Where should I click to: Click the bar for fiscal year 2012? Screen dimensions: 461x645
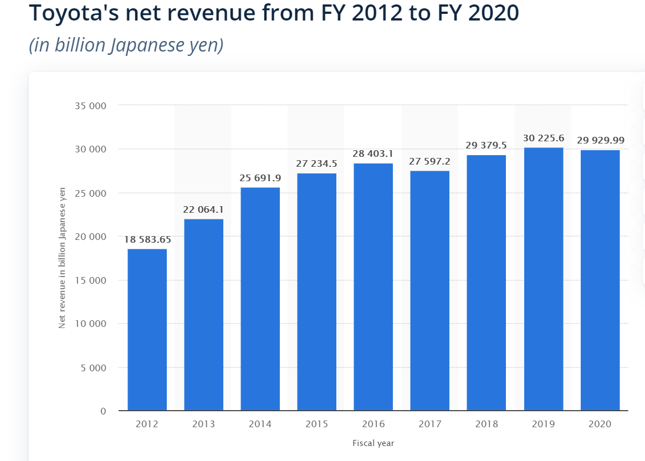point(147,330)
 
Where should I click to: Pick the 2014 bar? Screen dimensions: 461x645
point(260,299)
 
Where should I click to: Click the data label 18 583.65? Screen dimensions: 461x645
point(147,240)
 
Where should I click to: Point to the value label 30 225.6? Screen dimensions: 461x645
point(543,138)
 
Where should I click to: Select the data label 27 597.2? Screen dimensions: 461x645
point(430,161)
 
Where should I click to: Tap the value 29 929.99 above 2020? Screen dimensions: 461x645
point(600,141)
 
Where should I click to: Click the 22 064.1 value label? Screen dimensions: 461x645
point(203,210)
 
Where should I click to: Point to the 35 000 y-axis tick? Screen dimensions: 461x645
point(91,106)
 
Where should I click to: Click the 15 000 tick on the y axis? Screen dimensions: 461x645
point(91,280)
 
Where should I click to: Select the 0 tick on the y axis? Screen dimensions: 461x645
point(103,411)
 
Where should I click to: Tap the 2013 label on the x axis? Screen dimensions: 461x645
point(203,424)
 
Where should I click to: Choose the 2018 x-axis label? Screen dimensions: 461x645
point(487,424)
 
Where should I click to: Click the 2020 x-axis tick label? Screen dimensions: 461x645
point(600,424)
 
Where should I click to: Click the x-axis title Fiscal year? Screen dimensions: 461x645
point(373,443)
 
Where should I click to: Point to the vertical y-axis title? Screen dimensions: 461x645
point(62,258)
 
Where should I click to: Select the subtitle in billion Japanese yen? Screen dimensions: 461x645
point(126,45)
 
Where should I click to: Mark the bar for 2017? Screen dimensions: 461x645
point(430,290)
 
